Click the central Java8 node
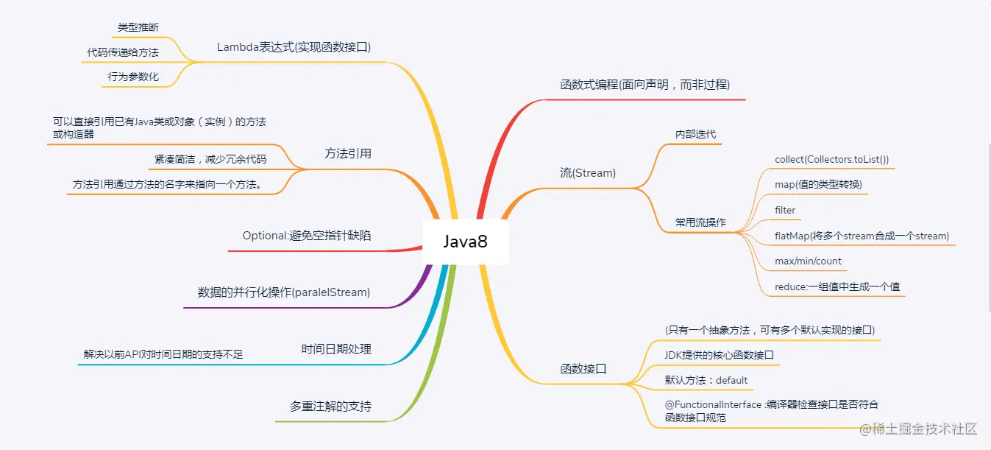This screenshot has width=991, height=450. click(465, 242)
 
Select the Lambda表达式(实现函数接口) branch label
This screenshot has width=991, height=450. click(294, 47)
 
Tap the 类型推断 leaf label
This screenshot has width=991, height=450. click(138, 27)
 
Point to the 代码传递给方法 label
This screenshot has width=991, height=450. click(123, 52)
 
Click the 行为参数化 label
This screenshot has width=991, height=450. click(133, 77)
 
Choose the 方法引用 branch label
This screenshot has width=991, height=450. click(348, 153)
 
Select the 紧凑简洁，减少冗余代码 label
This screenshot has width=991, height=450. click(210, 159)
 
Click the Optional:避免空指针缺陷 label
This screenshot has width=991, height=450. click(307, 236)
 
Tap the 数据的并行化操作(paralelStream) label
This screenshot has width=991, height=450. click(284, 292)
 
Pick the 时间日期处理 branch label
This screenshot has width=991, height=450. click(336, 349)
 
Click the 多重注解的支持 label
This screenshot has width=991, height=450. click(330, 406)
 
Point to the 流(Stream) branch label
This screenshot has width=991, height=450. click(588, 173)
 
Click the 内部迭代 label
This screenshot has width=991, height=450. click(695, 134)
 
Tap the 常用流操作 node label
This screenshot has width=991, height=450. click(700, 222)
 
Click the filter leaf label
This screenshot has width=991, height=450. click(785, 210)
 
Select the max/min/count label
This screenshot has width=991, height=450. click(808, 261)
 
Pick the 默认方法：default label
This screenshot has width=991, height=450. click(706, 380)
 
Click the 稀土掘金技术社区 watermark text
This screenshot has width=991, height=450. click(924, 429)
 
